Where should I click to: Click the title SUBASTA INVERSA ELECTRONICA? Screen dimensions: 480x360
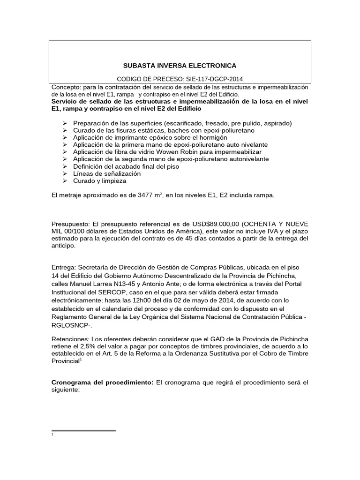180,66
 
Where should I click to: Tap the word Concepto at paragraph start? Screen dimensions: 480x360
65,88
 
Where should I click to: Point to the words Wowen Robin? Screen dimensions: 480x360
157,152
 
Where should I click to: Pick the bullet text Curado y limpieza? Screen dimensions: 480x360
100,180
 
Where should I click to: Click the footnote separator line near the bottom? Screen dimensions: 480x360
83,430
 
